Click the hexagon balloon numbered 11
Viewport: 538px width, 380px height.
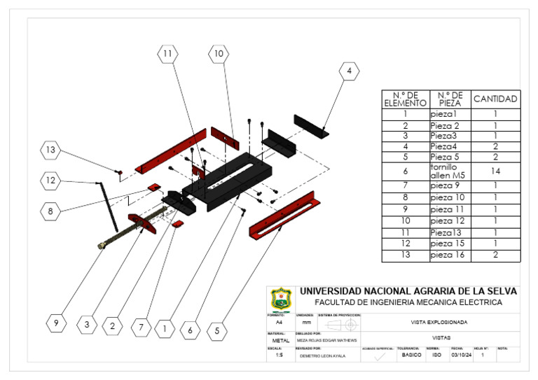coord(168,54)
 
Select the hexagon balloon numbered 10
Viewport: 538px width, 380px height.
coord(219,53)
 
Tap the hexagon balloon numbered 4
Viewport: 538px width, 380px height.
coord(349,71)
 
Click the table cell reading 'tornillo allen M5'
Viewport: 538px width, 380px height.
coord(449,170)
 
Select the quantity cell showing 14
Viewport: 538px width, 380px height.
coord(495,170)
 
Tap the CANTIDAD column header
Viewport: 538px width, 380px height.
coord(495,99)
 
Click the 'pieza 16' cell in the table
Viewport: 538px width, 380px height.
coord(449,255)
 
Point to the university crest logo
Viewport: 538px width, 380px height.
coord(280,298)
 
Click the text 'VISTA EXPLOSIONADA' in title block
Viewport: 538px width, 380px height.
coord(439,323)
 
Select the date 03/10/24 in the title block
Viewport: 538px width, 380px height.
coord(459,356)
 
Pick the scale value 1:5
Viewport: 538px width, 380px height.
coord(279,356)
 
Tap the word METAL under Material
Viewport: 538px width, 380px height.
coord(280,340)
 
